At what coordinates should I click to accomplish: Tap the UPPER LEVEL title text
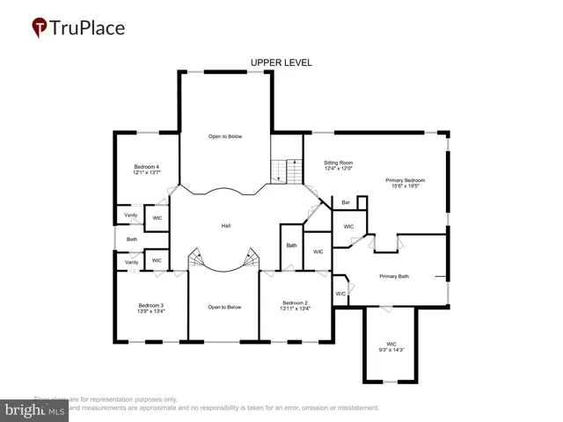[x=281, y=62]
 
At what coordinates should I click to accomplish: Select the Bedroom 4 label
[x=146, y=167]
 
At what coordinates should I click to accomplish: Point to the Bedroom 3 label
[x=150, y=305]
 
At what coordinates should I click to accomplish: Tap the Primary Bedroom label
[x=406, y=179]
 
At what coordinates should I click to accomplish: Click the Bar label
[x=347, y=203]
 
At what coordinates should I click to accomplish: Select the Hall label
[x=226, y=227]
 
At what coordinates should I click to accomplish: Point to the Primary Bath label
[x=394, y=277]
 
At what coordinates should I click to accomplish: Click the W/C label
[x=340, y=294]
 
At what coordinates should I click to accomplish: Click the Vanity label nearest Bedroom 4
[x=130, y=215]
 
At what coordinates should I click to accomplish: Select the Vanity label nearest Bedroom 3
[x=131, y=262]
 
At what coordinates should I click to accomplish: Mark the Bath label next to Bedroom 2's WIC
[x=291, y=245]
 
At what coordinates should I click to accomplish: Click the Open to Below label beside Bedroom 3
[x=224, y=307]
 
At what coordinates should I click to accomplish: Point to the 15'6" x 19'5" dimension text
[x=406, y=186]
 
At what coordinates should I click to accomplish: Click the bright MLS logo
[x=34, y=409]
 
